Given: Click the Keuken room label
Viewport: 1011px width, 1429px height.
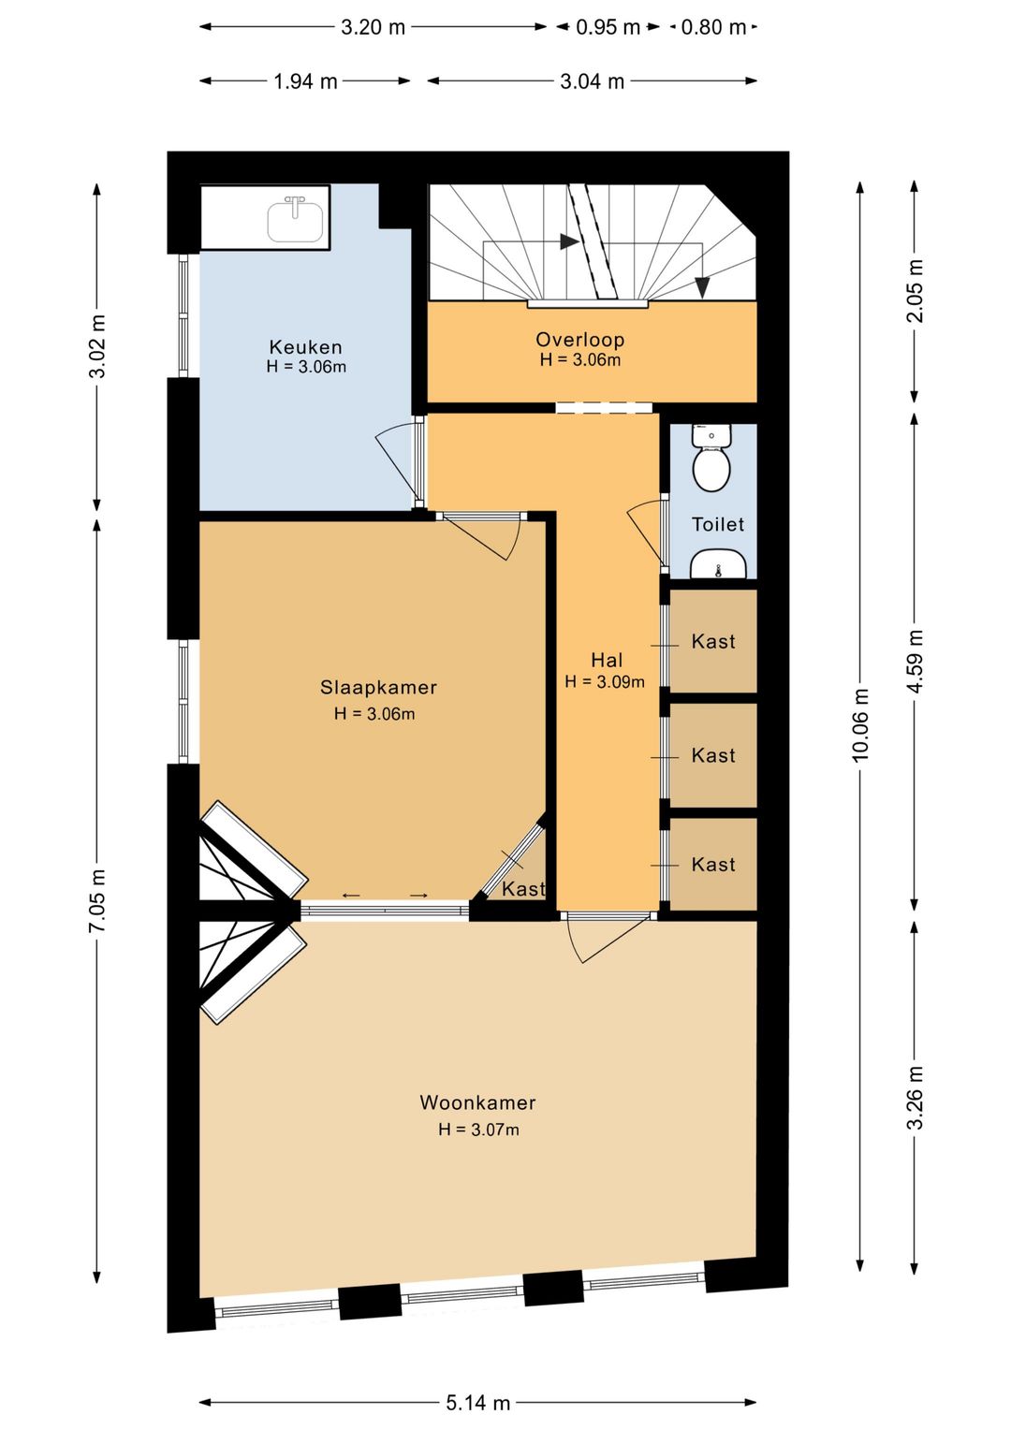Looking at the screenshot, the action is [305, 347].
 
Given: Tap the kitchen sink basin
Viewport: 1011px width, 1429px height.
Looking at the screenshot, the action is [295, 221].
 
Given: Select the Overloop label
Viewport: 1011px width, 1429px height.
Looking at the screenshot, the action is [579, 340].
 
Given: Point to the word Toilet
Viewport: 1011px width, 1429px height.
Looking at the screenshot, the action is [718, 524].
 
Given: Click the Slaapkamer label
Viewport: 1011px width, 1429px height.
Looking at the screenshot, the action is [378, 687].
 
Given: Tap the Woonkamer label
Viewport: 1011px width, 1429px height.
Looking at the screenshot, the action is [477, 1102].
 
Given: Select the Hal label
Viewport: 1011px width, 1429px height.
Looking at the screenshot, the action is [607, 660].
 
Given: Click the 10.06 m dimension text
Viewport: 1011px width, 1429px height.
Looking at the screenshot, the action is [860, 725].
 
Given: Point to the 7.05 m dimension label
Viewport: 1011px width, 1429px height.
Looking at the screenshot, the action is [97, 901].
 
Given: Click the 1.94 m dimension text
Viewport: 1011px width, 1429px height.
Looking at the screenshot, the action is [305, 81].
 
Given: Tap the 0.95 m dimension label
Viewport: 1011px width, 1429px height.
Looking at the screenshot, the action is [608, 27].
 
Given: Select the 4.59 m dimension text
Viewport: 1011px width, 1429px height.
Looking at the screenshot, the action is [916, 662].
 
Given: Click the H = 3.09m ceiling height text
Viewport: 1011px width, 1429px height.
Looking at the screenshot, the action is [605, 682].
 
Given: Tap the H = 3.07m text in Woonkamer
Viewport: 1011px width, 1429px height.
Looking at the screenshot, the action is [478, 1130].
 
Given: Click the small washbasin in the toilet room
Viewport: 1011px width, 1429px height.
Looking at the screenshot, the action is [718, 564].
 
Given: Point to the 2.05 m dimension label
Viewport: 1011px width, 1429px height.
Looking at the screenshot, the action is [916, 291].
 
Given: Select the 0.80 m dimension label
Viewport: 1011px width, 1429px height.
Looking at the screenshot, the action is [713, 27].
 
